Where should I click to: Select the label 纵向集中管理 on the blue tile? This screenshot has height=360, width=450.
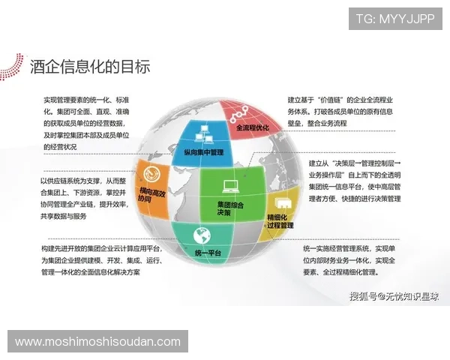[x=203, y=152]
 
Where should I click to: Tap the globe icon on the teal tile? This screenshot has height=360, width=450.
[x=200, y=235]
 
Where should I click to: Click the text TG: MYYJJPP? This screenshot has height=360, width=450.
[x=394, y=18]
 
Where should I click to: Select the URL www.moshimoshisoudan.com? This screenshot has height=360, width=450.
[x=97, y=342]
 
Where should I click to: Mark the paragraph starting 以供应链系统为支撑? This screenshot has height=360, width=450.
[x=85, y=199]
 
